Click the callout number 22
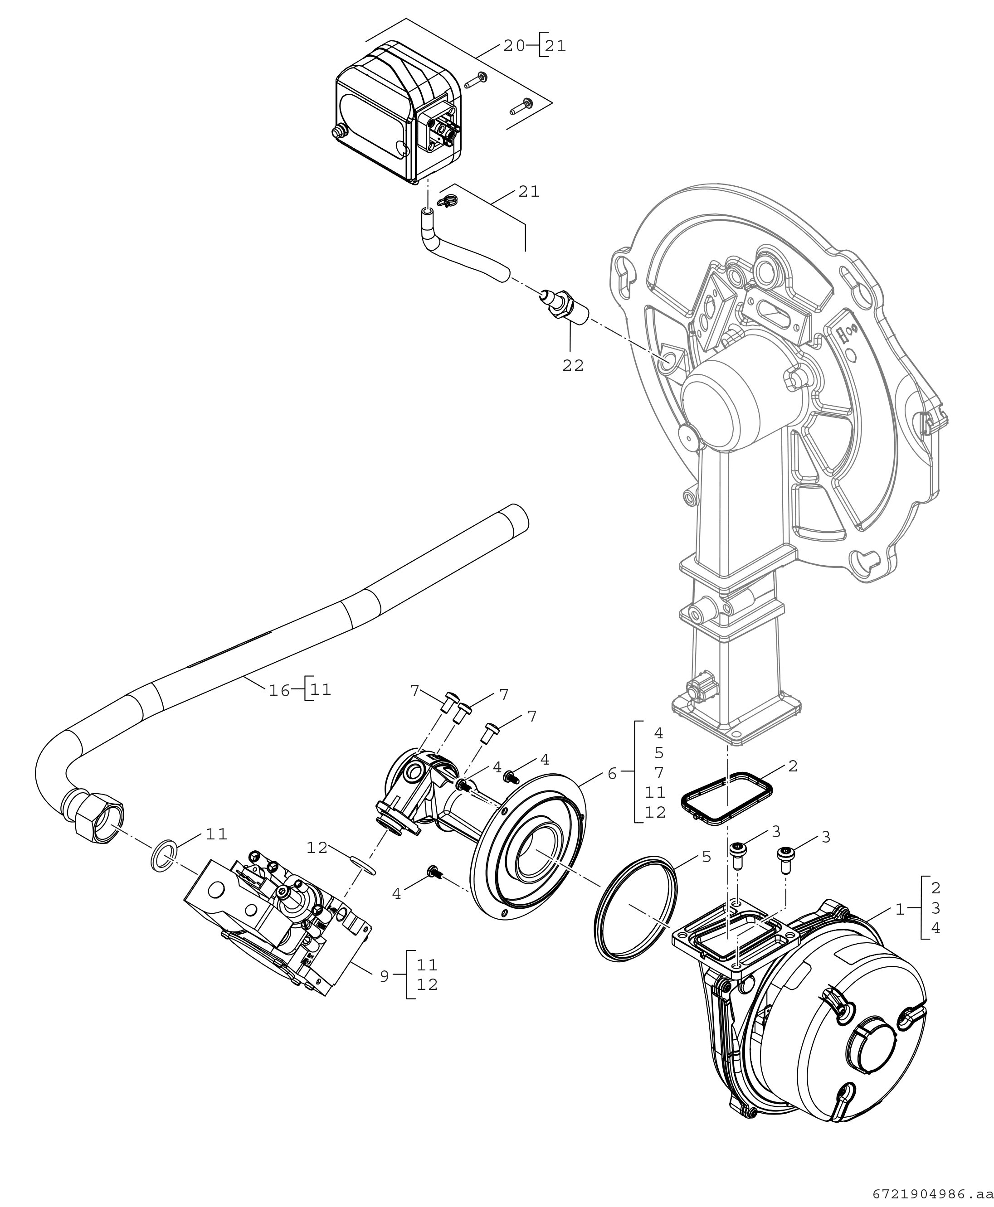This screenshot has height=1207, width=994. point(573,365)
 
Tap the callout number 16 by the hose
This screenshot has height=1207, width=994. point(279,690)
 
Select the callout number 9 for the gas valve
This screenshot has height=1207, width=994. point(384,976)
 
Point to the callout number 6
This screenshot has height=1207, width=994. point(612,774)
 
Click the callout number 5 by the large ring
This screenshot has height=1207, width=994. point(706,857)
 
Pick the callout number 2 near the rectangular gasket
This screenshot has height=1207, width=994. point(793,766)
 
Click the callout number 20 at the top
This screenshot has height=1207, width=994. point(514,46)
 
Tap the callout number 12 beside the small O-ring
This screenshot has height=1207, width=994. point(317,847)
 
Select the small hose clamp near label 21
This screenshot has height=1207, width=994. point(448,201)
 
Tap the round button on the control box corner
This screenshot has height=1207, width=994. point(338,133)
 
